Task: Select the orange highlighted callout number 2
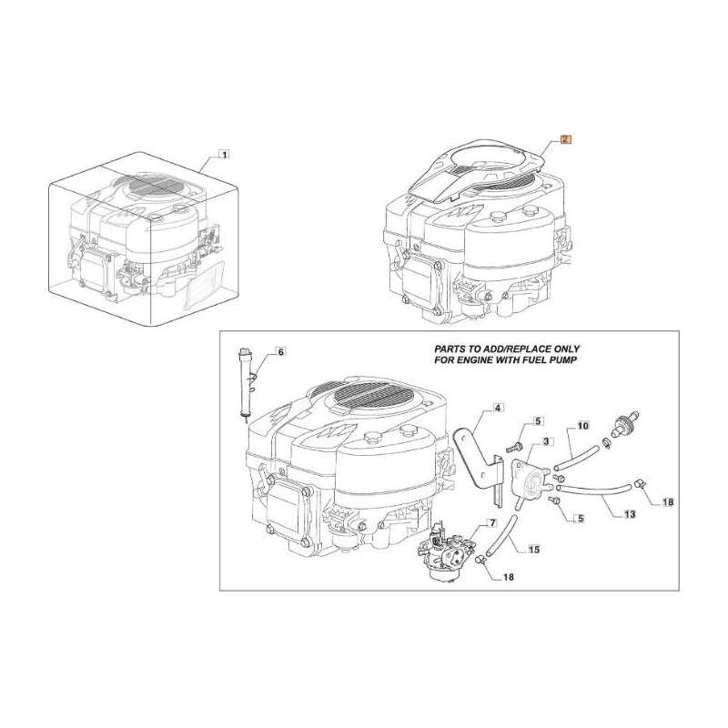565,139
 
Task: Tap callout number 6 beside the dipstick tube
280,350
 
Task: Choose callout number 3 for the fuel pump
546,441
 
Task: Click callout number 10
583,425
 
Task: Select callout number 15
534,549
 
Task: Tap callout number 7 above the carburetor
492,523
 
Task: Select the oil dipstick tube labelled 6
243,382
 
